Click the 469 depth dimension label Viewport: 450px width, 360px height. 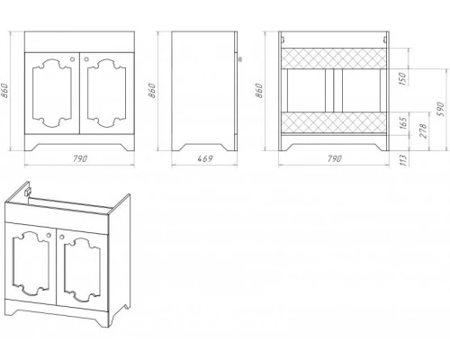click(x=205, y=158)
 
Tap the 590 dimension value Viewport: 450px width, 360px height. click(x=440, y=110)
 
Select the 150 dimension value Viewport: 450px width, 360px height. click(x=402, y=78)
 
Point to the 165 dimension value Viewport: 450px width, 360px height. click(x=403, y=122)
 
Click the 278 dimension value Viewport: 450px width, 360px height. click(x=422, y=130)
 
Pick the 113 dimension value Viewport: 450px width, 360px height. click(x=404, y=159)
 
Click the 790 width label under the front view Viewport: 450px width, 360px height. click(x=80, y=158)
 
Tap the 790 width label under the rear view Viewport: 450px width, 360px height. click(x=334, y=158)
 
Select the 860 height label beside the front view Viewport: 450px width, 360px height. click(x=4, y=90)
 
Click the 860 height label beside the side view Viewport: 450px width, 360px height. click(x=152, y=90)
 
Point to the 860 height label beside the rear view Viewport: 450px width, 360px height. click(x=258, y=90)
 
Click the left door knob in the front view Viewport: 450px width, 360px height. click(x=72, y=59)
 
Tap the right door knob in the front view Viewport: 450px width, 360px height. click(x=86, y=59)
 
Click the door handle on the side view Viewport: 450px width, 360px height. click(x=239, y=59)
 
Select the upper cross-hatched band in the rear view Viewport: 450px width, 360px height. click(x=333, y=58)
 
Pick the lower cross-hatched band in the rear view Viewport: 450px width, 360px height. click(x=333, y=122)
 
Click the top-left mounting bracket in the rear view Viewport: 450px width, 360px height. click(x=283, y=39)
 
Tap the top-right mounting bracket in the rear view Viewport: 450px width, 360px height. click(x=384, y=39)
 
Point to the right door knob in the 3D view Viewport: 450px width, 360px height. click(x=62, y=237)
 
